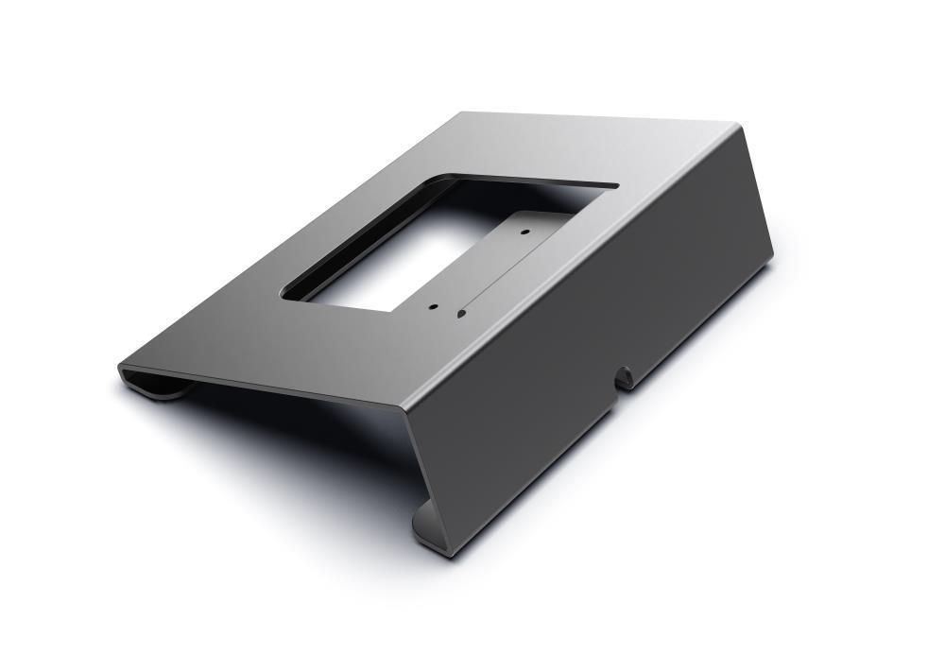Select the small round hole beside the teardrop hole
(x=433, y=306)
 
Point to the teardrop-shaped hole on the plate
(x=461, y=312)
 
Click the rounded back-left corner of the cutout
(x=454, y=177)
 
